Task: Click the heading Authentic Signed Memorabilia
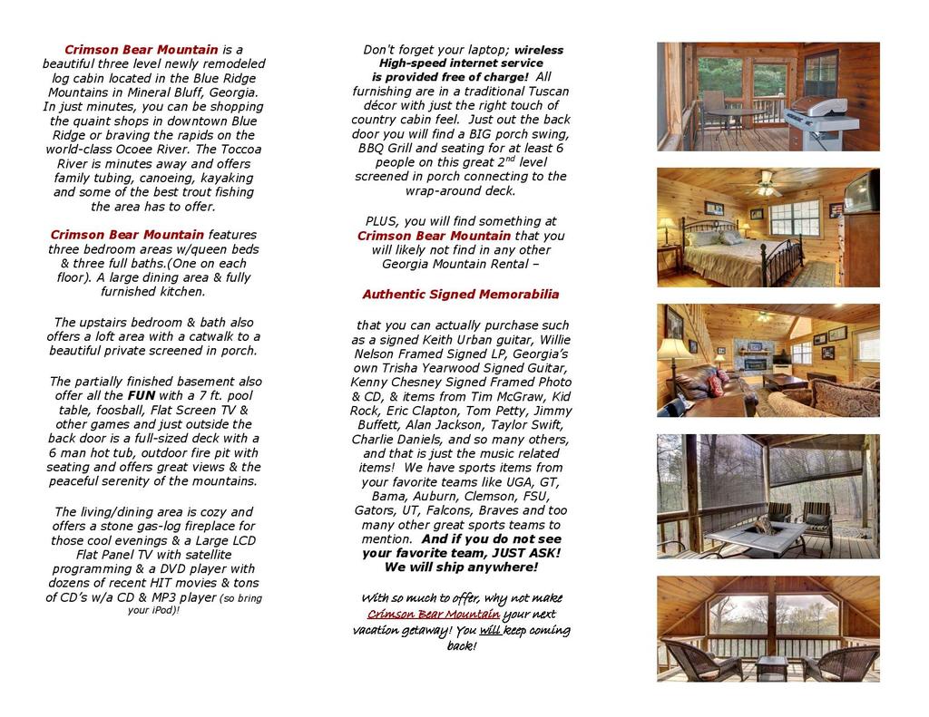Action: (460, 295)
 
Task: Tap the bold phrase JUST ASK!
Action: (526, 553)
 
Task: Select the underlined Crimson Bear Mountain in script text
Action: (433, 615)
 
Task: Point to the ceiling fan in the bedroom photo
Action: (768, 185)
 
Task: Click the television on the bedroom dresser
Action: (860, 192)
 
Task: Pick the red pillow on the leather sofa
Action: (716, 383)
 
